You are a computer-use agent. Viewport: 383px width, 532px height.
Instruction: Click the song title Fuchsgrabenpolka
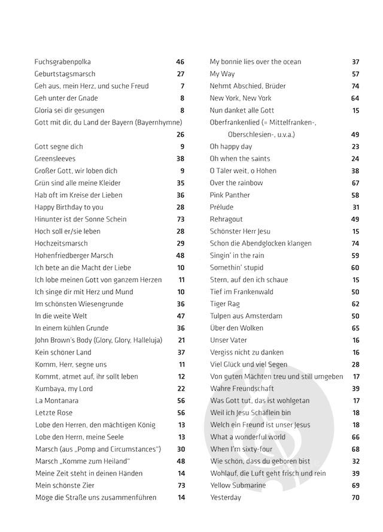[x=63, y=62]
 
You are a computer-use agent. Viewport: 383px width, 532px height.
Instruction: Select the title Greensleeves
[x=56, y=159]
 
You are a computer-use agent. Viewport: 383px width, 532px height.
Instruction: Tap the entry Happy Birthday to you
[x=69, y=207]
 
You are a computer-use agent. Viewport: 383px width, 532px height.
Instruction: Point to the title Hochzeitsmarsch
[x=61, y=243]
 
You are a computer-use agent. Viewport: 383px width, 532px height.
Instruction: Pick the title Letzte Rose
[x=54, y=413]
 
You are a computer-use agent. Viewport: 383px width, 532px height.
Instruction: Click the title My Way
[x=222, y=74]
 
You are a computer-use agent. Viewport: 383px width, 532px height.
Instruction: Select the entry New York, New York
[x=241, y=98]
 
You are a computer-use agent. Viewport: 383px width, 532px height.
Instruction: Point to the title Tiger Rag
[x=225, y=304]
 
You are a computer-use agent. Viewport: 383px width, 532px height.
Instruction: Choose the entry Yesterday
[x=226, y=497]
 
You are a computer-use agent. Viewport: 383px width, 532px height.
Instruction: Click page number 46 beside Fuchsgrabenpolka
[x=180, y=62]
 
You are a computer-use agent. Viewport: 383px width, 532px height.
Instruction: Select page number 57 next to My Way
[x=355, y=74]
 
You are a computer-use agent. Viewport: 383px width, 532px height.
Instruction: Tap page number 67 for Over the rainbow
[x=355, y=183]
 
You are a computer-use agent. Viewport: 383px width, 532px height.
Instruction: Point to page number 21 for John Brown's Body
[x=181, y=340]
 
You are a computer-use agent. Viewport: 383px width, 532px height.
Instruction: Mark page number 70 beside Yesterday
[x=355, y=497]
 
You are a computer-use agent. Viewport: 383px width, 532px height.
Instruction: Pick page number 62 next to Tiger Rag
[x=355, y=304]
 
